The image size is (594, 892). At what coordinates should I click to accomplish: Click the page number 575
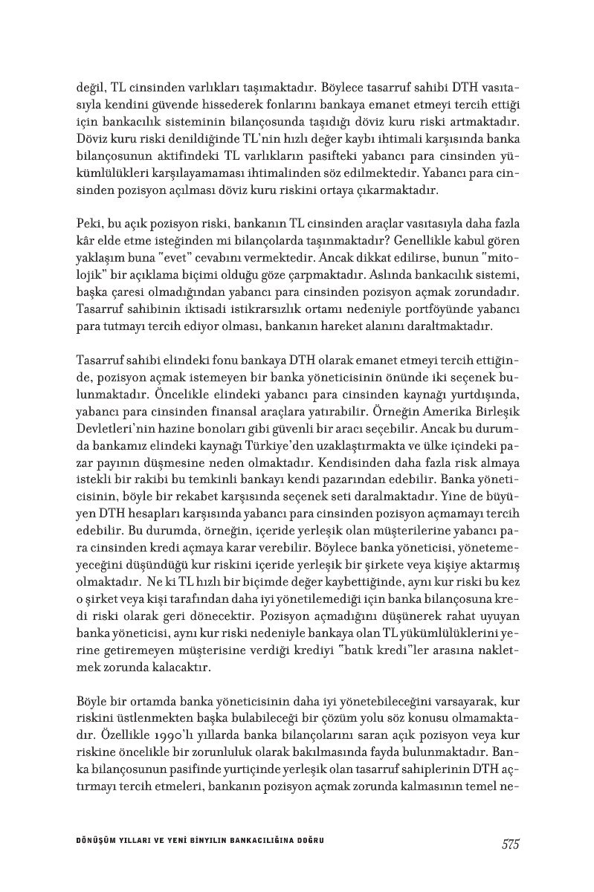(x=509, y=844)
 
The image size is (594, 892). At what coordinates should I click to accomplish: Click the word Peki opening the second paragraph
(x=88, y=223)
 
